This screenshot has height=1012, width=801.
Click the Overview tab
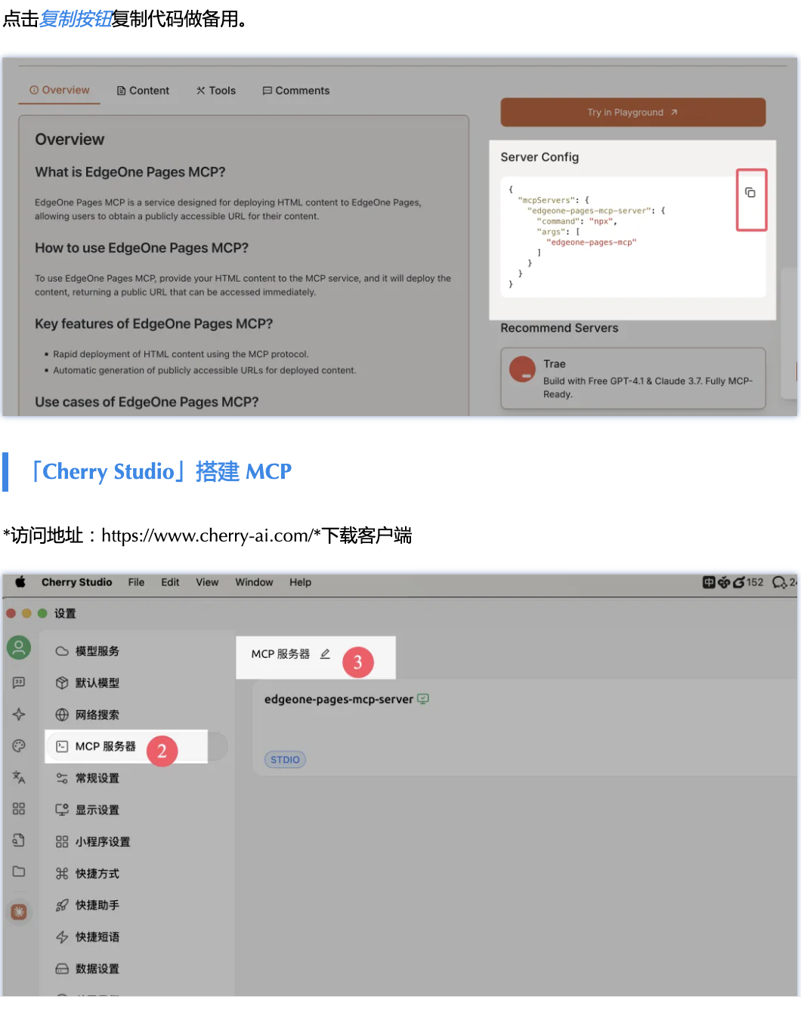coord(59,90)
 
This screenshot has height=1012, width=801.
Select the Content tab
coord(143,91)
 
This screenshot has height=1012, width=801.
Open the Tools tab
coord(216,91)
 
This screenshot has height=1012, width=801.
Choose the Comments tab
coord(296,91)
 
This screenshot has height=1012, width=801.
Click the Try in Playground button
coord(633,113)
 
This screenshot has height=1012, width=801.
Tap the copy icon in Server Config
coord(750,193)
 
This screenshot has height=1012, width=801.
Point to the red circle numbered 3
coord(357,662)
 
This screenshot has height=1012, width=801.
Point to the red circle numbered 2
coord(162,751)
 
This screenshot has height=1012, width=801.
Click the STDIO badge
coord(285,760)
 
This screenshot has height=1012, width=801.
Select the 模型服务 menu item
coord(88,651)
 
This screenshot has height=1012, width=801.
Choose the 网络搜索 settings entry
coord(88,714)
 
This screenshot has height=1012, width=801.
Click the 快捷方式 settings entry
coord(88,873)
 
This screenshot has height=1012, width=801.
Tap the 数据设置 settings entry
coord(88,968)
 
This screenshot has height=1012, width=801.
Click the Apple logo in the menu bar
coord(20,582)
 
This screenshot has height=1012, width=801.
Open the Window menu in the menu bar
coord(254,582)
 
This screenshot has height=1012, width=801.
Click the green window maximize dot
coord(42,613)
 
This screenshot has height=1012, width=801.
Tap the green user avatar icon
coord(19,647)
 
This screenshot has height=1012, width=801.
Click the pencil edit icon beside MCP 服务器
coord(325,654)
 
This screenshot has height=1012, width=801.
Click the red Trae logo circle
coord(522,369)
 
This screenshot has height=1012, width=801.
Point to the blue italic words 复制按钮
coord(76,20)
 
